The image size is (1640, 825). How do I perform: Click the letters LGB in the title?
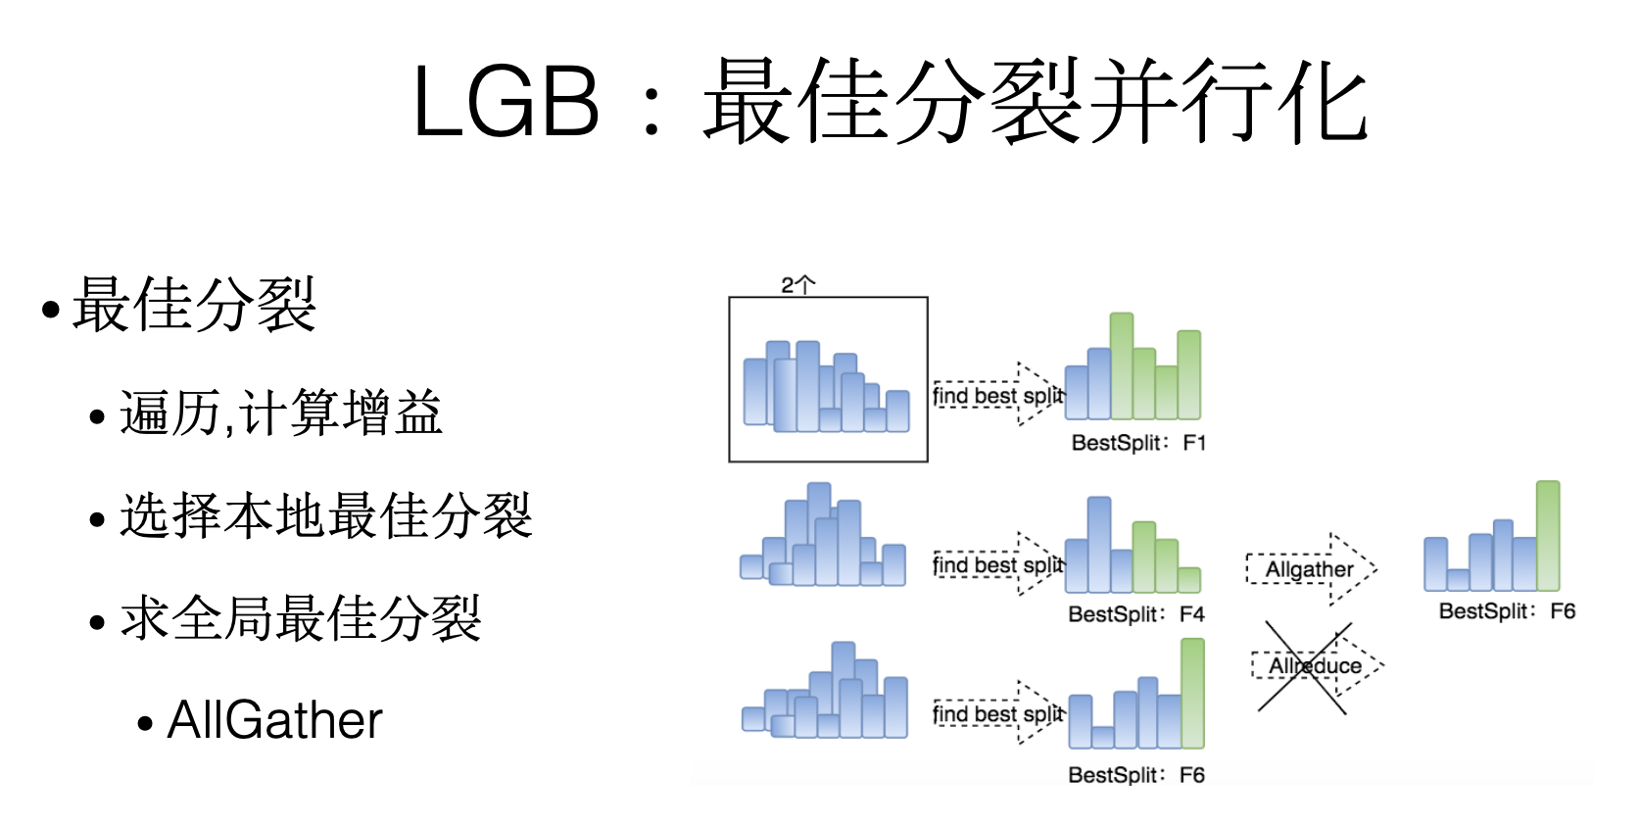pyautogui.click(x=506, y=102)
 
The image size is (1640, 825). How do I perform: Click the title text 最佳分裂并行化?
pyautogui.click(x=1035, y=102)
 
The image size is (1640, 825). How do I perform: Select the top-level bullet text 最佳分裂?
pyautogui.click(x=194, y=306)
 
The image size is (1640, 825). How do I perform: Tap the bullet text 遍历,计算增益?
pyautogui.click(x=281, y=413)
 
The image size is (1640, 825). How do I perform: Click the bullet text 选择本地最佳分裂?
pyautogui.click(x=325, y=516)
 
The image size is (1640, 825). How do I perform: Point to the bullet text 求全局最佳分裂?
pyautogui.click(x=301, y=619)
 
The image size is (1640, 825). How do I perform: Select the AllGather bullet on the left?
pyautogui.click(x=274, y=721)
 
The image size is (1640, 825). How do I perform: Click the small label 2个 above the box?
pyautogui.click(x=797, y=285)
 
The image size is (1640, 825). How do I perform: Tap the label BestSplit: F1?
pyautogui.click(x=1138, y=443)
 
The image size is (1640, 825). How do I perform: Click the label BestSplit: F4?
pyautogui.click(x=1136, y=614)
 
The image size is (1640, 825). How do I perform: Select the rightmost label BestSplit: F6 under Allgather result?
pyautogui.click(x=1507, y=611)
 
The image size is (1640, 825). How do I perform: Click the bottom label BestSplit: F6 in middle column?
pyautogui.click(x=1136, y=775)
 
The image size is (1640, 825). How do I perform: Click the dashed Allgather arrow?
pyautogui.click(x=1310, y=569)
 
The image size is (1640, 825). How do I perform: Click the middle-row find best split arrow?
pyautogui.click(x=997, y=565)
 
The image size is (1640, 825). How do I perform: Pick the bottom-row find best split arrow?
pyautogui.click(x=997, y=714)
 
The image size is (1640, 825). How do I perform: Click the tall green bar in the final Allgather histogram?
pyautogui.click(x=1548, y=536)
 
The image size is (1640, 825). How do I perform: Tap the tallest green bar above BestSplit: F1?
pyautogui.click(x=1122, y=366)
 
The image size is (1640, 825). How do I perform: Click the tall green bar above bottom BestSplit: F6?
pyautogui.click(x=1192, y=694)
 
